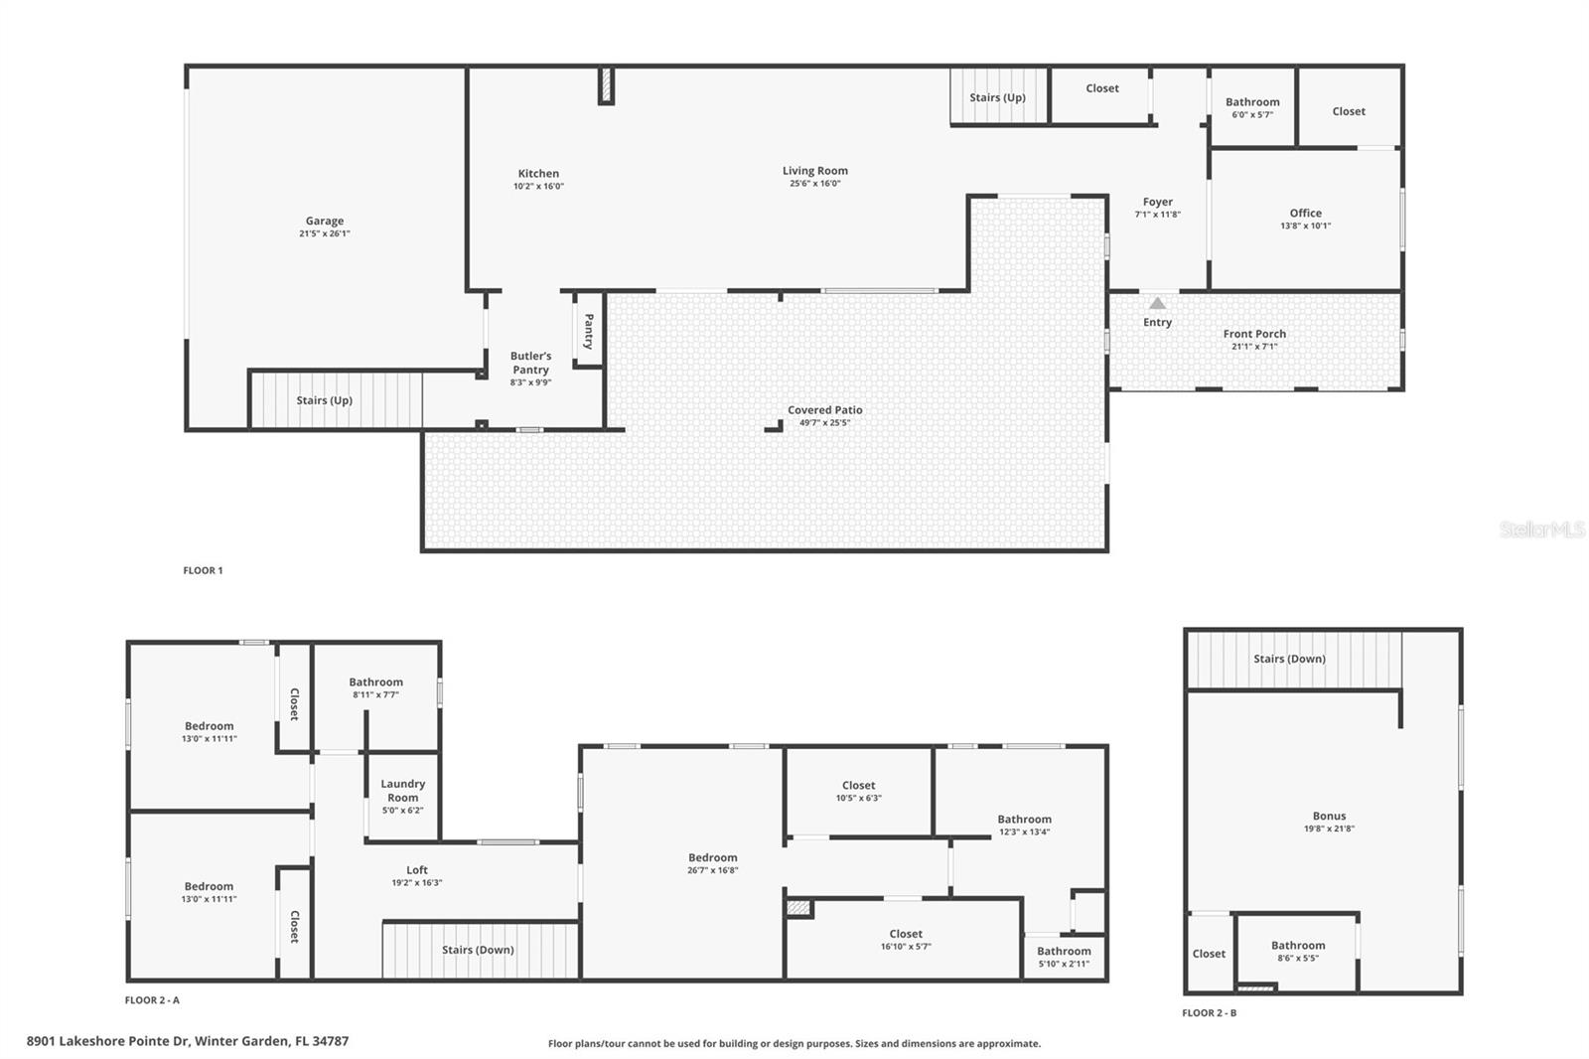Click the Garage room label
click(324, 222)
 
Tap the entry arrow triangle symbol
click(1157, 303)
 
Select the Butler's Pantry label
click(530, 363)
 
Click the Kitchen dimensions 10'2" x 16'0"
click(538, 187)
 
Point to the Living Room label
click(814, 171)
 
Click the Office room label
click(1305, 213)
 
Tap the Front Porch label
click(1253, 334)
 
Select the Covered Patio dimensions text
click(824, 423)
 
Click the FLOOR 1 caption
click(203, 570)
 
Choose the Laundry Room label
click(402, 791)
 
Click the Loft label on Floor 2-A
click(416, 870)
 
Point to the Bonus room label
click(1329, 817)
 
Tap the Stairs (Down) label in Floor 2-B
click(1288, 659)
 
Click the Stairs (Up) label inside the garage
click(324, 400)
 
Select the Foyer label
click(1157, 202)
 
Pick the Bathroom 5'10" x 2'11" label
click(1064, 958)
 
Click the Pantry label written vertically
click(588, 331)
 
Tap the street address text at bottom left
click(188, 1041)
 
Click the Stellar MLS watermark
click(1541, 530)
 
